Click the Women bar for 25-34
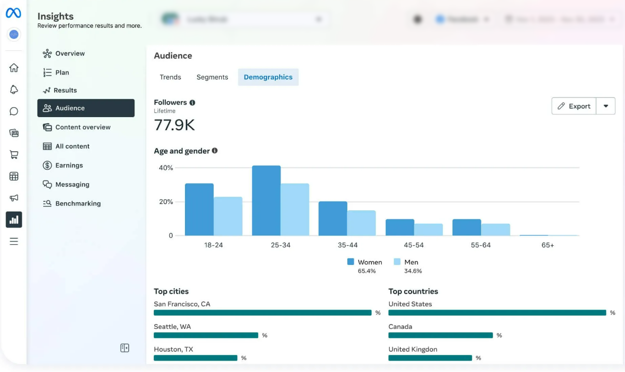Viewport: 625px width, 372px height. [266, 201]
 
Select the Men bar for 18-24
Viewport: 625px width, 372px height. [228, 216]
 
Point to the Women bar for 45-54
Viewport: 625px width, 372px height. [400, 228]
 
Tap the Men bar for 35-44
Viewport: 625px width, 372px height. [361, 223]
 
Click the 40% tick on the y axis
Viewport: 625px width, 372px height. [166, 168]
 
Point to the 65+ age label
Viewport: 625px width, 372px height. [548, 245]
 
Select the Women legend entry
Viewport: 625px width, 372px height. [365, 262]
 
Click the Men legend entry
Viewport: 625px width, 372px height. [406, 262]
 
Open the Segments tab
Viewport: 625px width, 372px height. [212, 77]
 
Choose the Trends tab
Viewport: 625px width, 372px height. [171, 77]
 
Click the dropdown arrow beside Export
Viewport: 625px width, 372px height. [606, 106]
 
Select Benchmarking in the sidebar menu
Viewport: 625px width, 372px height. [78, 204]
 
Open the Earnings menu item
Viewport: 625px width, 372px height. [69, 166]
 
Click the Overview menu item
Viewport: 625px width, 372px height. [70, 54]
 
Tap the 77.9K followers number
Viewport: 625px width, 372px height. [174, 125]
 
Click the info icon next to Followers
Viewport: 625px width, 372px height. [192, 103]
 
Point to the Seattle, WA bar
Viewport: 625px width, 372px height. [206, 336]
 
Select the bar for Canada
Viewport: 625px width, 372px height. [441, 336]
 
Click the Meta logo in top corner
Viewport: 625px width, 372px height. [13, 13]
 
